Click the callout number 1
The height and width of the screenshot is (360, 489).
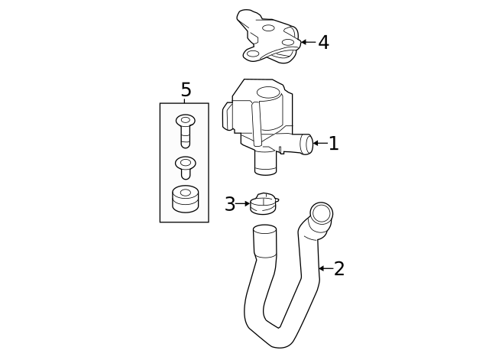pos(333,143)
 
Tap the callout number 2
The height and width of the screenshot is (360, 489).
pos(339,268)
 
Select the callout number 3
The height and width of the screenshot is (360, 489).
pos(230,204)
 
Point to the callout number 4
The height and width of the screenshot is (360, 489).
pos(323,42)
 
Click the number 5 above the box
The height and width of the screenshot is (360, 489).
pos(186,90)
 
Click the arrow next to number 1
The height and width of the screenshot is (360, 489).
pos(319,143)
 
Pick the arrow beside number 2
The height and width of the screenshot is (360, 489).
pos(325,268)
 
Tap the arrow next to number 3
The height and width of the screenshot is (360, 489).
pos(243,204)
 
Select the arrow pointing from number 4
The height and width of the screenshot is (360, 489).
pos(307,42)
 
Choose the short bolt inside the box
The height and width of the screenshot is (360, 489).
pos(185,167)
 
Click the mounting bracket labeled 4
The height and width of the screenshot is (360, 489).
pos(268,38)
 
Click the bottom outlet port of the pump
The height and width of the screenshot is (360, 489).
pos(265,162)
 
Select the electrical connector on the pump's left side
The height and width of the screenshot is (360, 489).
pos(228,116)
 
